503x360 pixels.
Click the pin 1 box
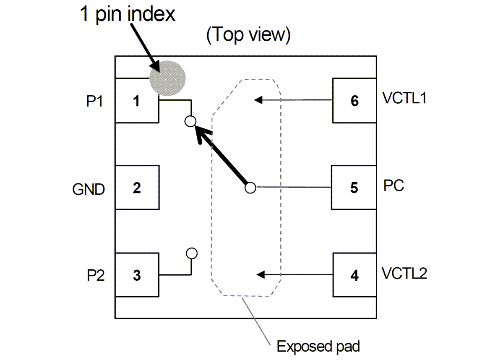click(137, 101)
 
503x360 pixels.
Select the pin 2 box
click(137, 188)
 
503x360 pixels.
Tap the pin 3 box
click(137, 275)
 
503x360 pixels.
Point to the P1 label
click(96, 102)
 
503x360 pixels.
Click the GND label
click(89, 190)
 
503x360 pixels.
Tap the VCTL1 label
click(404, 98)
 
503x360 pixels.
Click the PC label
click(394, 185)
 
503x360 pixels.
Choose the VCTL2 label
click(404, 274)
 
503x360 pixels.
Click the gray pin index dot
click(168, 78)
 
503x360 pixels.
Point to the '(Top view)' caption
click(248, 35)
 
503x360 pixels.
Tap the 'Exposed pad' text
click(318, 347)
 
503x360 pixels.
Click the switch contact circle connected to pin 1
click(190, 121)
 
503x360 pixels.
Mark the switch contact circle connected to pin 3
click(192, 253)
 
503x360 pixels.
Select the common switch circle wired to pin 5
click(250, 188)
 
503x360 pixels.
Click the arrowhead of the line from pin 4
click(260, 275)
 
